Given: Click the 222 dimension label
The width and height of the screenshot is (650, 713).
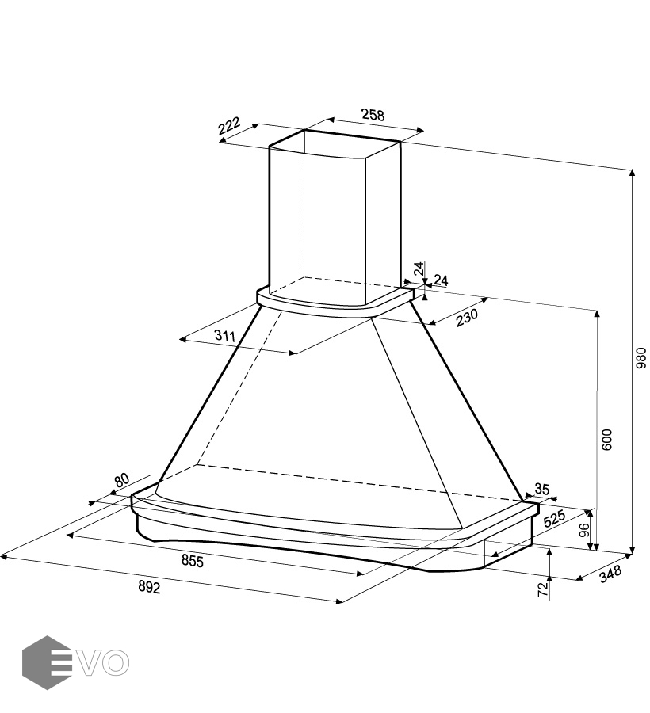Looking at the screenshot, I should tap(228, 127).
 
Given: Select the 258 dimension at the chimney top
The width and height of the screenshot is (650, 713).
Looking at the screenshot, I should tap(373, 115).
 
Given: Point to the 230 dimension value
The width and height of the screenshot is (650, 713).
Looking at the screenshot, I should tap(467, 316).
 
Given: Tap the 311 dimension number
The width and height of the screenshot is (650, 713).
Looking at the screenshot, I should tap(226, 336).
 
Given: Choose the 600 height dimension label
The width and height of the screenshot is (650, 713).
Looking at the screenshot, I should tap(607, 440).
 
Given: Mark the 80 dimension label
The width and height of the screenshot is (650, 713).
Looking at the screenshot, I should tap(121, 480).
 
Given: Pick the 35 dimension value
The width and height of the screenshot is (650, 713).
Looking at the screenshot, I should tap(542, 489).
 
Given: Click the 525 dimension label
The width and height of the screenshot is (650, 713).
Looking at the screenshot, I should tap(553, 520).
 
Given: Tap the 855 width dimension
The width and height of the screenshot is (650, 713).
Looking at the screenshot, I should tap(193, 562).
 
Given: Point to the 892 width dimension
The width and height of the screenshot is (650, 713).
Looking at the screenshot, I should tap(149, 587).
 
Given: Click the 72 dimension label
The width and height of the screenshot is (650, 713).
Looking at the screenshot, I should tap(543, 589).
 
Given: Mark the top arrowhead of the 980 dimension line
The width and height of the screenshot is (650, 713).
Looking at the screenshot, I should tap(633, 173).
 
